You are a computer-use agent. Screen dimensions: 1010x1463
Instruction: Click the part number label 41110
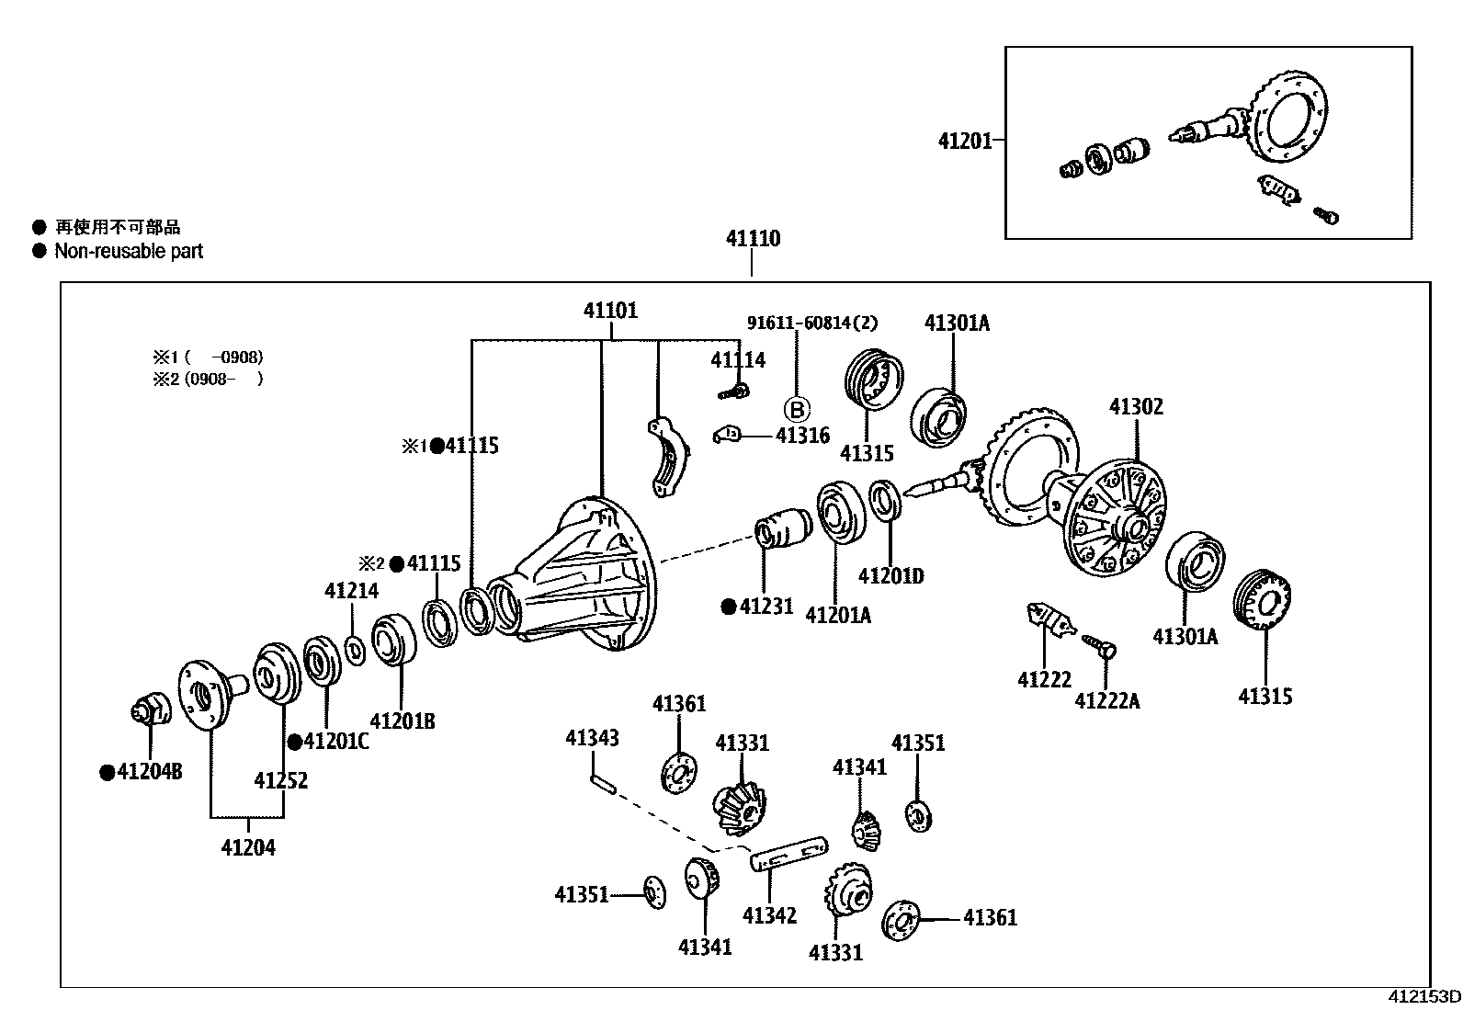pos(753,239)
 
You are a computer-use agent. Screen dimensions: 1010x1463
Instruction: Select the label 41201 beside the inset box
pos(964,141)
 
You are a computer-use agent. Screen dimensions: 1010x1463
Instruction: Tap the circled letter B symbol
pos(796,410)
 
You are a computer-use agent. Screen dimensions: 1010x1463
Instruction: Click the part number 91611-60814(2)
pos(811,323)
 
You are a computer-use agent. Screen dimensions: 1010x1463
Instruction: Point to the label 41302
pos(1136,406)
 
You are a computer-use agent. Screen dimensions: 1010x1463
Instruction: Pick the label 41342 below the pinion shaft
pos(769,915)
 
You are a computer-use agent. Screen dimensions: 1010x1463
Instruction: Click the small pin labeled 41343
pos(603,783)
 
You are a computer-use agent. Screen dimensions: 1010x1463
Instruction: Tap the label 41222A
pos(1107,701)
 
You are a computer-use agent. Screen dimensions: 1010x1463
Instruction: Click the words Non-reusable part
pos(129,252)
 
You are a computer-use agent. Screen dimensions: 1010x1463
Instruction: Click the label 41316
pos(802,436)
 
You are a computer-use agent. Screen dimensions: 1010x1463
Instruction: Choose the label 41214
pos(351,591)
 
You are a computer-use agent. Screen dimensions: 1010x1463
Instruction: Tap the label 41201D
pos(890,576)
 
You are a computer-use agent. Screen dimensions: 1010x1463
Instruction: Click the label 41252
pos(281,780)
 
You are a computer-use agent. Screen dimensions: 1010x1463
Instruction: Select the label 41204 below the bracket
pos(247,847)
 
